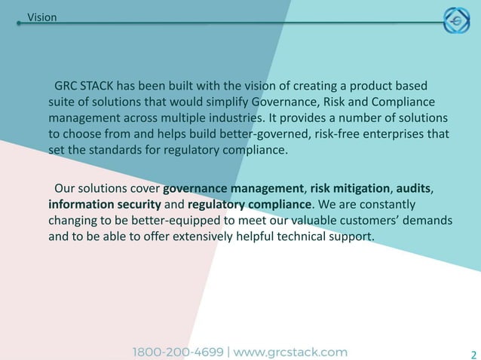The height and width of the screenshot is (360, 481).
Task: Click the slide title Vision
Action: [41, 17]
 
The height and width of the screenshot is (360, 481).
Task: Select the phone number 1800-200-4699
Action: [178, 352]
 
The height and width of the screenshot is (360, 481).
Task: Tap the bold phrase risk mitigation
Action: [350, 188]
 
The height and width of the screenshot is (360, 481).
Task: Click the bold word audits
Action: [414, 188]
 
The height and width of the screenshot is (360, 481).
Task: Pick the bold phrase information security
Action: [104, 204]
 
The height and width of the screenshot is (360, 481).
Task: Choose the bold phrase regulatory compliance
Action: [250, 204]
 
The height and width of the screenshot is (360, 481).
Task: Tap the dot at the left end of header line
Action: [19, 23]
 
